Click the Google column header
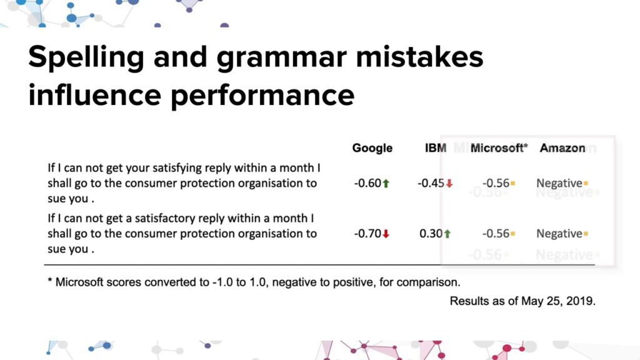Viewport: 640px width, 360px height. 372,148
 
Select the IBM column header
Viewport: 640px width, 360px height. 436,147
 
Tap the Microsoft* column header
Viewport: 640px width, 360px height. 499,147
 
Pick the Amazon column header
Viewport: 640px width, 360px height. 562,147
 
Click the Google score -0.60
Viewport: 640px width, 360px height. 367,183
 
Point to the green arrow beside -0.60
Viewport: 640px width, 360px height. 386,184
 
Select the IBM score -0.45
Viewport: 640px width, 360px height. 431,183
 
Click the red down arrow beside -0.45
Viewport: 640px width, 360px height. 449,184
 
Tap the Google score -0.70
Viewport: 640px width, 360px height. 367,234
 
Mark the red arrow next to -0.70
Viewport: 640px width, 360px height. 386,234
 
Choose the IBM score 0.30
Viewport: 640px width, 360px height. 431,234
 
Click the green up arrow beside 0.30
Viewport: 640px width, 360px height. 447,234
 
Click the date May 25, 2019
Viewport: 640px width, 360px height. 558,301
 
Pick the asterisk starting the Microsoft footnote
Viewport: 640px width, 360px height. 50,281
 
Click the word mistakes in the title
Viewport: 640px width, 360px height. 419,57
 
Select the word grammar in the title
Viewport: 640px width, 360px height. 281,59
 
